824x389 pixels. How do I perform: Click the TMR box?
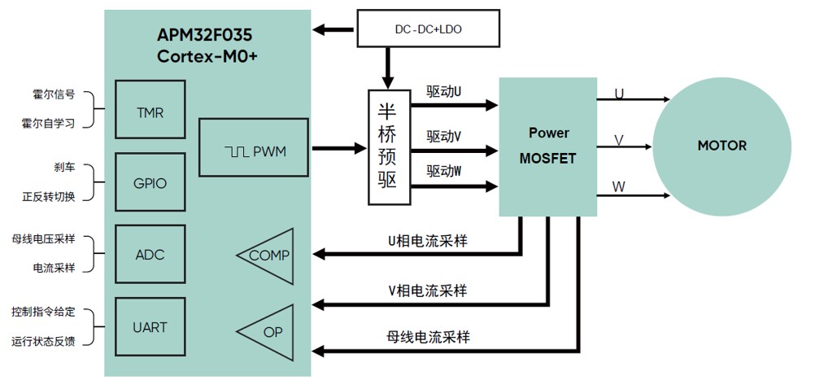tap(150, 112)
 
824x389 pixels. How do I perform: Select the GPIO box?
tap(150, 183)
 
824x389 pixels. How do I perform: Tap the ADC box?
tap(150, 255)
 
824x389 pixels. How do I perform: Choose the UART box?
tap(150, 327)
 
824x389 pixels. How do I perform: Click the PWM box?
tap(254, 148)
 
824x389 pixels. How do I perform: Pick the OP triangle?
tap(267, 331)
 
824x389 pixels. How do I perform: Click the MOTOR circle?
tap(722, 146)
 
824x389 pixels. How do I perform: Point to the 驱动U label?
tap(444, 92)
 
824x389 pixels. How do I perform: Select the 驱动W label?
tap(444, 172)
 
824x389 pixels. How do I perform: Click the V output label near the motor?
tap(619, 140)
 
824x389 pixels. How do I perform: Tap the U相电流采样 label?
tap(427, 241)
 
